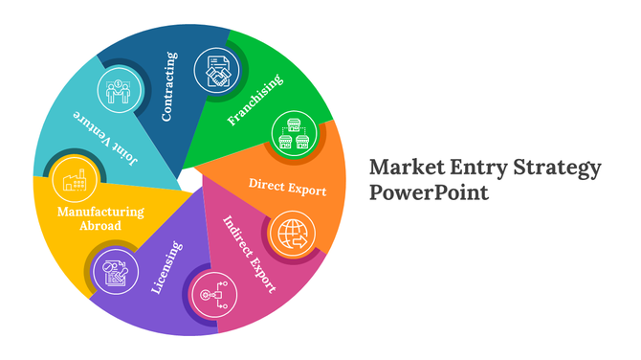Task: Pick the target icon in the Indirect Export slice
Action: tap(211, 295)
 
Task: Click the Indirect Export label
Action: tap(251, 253)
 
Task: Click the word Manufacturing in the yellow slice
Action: tap(99, 212)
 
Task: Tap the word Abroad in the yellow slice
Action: tap(100, 226)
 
